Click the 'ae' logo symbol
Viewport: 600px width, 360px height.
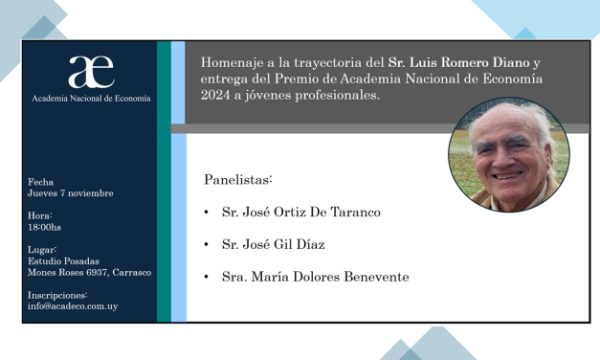[90, 72]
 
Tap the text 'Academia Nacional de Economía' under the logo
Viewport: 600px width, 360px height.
[91, 98]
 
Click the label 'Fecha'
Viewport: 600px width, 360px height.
[41, 182]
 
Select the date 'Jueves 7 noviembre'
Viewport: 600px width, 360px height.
[71, 193]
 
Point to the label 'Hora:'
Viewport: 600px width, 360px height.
[40, 215]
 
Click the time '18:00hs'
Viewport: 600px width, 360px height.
[45, 227]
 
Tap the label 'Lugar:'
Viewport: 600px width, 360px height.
[42, 249]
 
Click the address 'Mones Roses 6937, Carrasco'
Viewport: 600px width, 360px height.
[89, 272]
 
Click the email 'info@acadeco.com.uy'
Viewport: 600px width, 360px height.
[74, 306]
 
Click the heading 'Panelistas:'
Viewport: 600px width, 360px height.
[238, 179]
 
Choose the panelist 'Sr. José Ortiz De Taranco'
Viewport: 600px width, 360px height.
[300, 212]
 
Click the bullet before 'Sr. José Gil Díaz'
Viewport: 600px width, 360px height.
[207, 245]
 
